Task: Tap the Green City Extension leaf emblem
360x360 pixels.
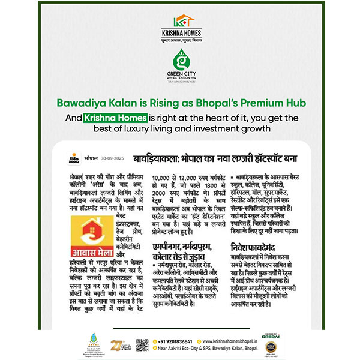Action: pyautogui.click(x=180, y=61)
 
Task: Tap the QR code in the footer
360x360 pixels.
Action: pyautogui.click(x=142, y=346)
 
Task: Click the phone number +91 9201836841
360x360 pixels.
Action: pyautogui.click(x=173, y=341)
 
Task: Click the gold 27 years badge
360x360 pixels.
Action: pyautogui.click(x=116, y=345)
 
